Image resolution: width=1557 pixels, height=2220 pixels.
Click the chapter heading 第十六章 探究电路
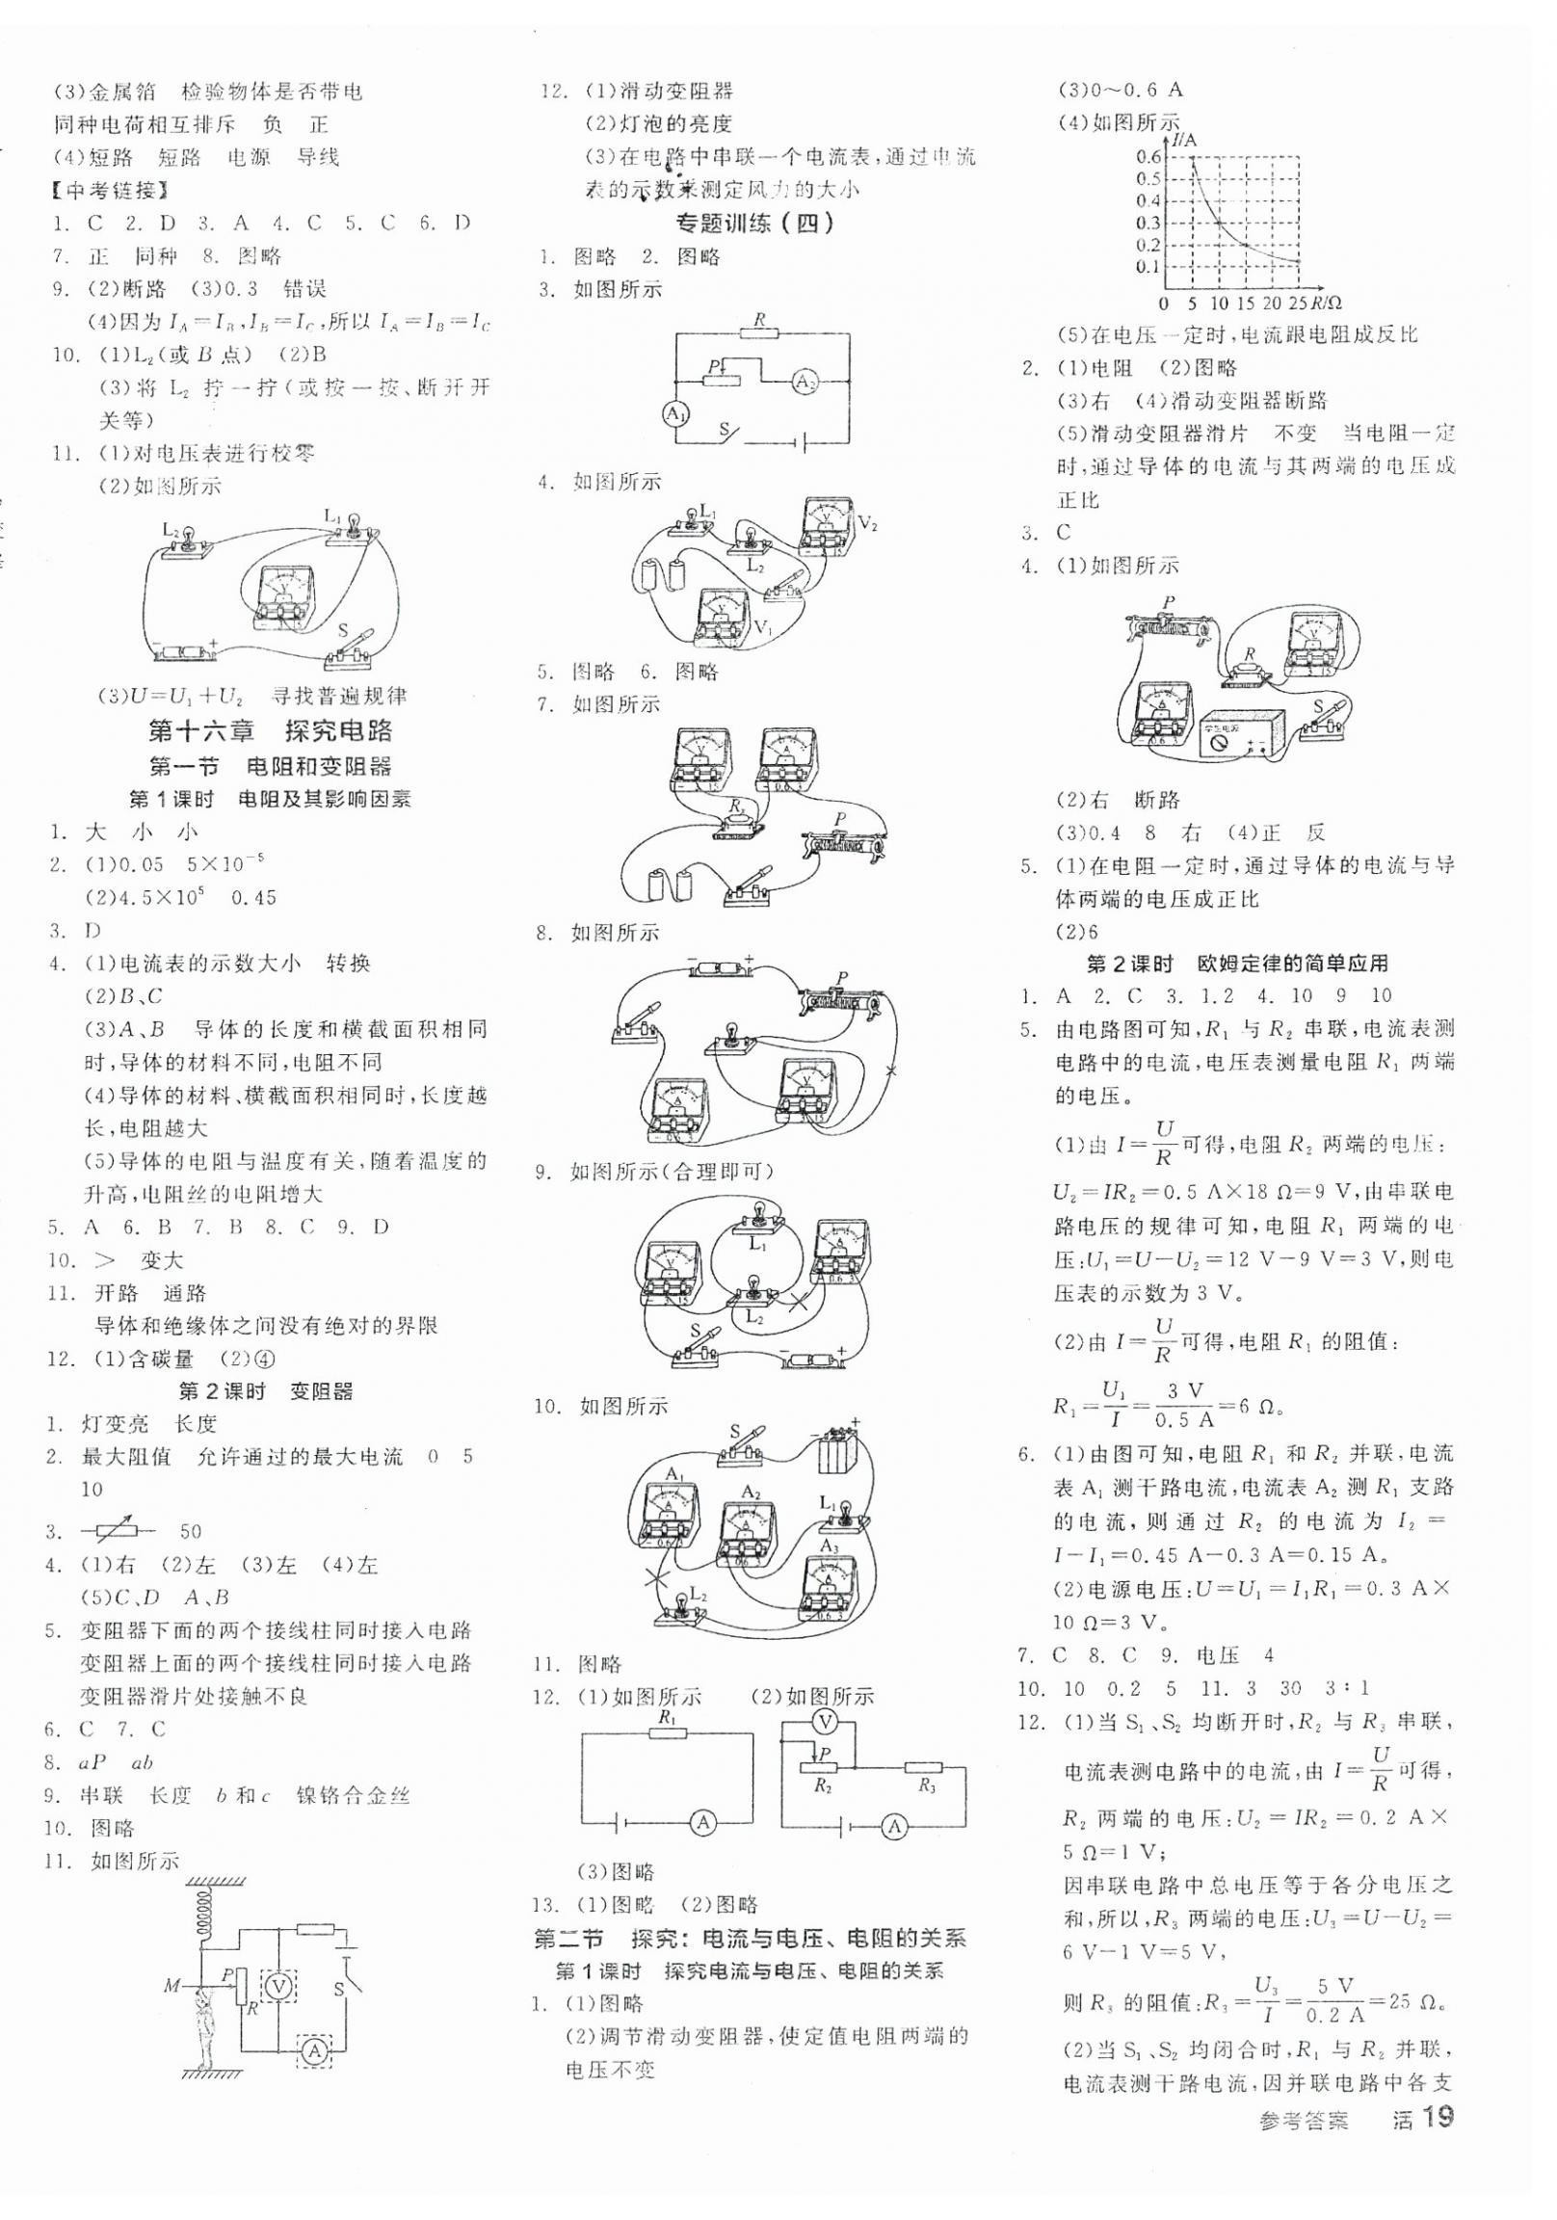[x=271, y=730]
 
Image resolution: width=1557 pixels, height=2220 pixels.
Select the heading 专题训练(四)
[x=754, y=224]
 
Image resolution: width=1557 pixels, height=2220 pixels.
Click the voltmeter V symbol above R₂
[x=825, y=1721]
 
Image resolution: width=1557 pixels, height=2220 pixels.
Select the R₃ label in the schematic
[x=928, y=1785]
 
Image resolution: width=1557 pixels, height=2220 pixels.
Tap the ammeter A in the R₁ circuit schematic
[x=703, y=1823]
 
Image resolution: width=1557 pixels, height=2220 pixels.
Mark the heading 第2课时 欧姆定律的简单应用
[x=1238, y=963]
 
